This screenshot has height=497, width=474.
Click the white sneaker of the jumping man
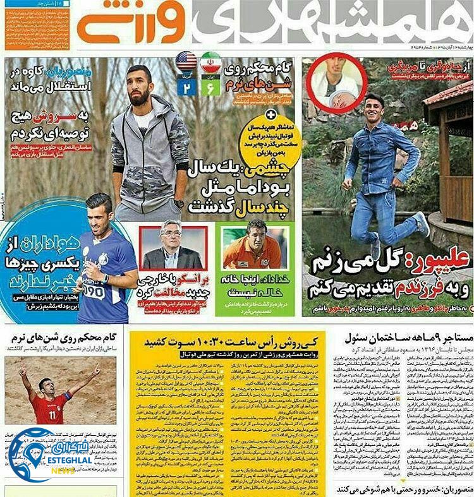click(422, 224)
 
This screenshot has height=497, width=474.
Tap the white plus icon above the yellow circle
click(272, 115)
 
